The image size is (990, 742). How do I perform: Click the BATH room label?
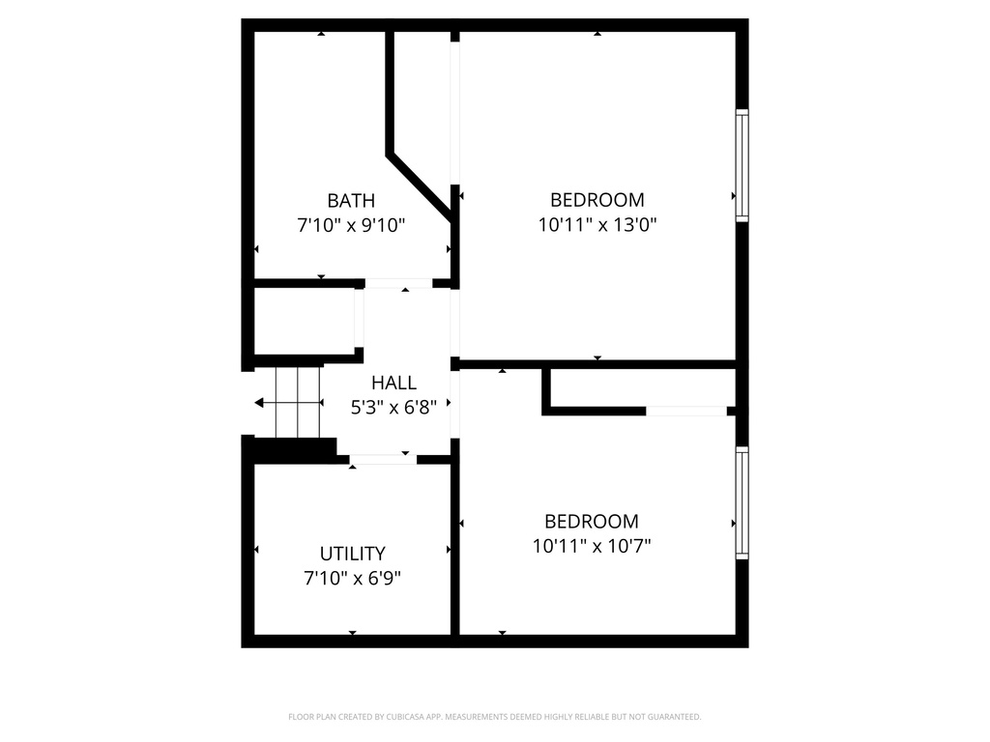tap(350, 201)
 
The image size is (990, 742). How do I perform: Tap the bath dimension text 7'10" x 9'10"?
tap(350, 225)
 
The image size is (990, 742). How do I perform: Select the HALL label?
tap(393, 383)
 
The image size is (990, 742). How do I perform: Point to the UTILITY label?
tap(352, 554)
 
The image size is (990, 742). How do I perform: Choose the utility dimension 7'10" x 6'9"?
tap(352, 578)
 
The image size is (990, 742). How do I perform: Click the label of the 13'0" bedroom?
tap(597, 200)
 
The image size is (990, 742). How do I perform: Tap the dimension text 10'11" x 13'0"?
tap(597, 224)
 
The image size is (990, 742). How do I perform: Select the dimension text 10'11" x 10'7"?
tap(592, 545)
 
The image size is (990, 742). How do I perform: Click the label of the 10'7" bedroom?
tap(592, 521)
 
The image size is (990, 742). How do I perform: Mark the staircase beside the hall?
tap(297, 402)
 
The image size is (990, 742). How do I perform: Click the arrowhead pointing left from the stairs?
tap(259, 402)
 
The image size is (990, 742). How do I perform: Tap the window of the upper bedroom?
tap(742, 164)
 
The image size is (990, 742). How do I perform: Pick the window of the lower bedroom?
tap(742, 502)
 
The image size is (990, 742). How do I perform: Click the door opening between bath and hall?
tap(398, 283)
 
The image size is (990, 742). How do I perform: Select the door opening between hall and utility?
tap(383, 459)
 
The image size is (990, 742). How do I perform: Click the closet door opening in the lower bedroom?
tap(685, 411)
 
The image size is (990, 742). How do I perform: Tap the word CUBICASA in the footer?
tap(394, 717)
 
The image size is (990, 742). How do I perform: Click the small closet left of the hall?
tap(304, 321)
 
